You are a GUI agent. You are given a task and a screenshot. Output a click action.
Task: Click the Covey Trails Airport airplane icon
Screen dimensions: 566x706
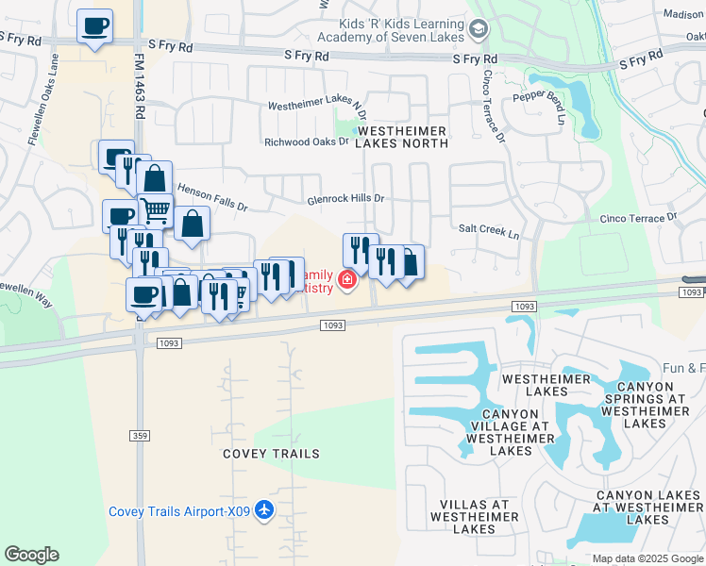click(264, 511)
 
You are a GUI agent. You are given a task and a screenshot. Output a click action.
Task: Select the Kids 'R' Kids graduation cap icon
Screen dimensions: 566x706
click(479, 30)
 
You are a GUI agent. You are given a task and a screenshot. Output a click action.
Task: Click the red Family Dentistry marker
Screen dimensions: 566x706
click(347, 279)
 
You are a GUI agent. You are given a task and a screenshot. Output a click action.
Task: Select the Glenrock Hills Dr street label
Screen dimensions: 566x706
click(346, 199)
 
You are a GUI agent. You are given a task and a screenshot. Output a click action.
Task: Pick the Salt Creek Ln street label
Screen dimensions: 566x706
click(489, 231)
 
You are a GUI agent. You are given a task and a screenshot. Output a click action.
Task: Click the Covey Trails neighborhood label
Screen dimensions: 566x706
click(271, 454)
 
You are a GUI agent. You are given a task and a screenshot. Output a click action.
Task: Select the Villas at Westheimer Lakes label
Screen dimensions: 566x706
click(469, 517)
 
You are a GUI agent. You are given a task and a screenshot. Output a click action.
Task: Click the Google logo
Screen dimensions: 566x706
click(31, 555)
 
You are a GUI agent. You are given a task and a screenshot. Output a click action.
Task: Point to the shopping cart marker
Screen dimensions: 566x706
click(156, 209)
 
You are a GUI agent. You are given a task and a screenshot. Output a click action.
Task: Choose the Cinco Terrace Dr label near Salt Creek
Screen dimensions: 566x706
click(638, 218)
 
